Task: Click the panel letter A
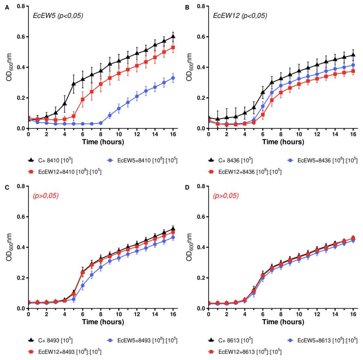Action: click(x=7, y=8)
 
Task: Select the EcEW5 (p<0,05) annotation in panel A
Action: click(x=58, y=16)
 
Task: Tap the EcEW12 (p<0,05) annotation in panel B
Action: click(x=240, y=16)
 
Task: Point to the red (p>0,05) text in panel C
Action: click(x=46, y=196)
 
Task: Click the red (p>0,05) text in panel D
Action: click(x=226, y=196)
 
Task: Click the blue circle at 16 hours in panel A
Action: click(x=173, y=78)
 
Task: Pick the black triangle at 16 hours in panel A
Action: click(x=173, y=36)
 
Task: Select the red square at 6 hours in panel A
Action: click(x=83, y=99)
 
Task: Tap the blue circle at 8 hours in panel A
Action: click(x=101, y=123)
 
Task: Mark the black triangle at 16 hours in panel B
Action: click(x=353, y=55)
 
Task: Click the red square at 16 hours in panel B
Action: click(x=353, y=71)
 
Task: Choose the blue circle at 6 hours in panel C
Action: click(x=83, y=286)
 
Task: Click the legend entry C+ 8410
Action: click(x=50, y=160)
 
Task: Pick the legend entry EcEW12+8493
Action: click(x=65, y=352)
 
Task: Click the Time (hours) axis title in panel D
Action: click(x=283, y=322)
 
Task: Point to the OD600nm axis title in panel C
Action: click(x=9, y=247)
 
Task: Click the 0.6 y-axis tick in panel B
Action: click(x=201, y=37)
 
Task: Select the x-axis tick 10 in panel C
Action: click(x=119, y=314)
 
